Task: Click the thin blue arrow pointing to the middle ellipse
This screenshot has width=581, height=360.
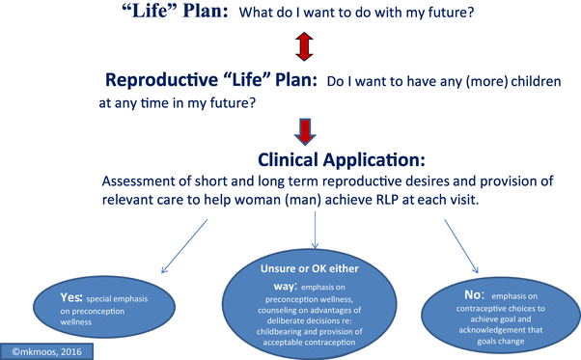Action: coord(316,239)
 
